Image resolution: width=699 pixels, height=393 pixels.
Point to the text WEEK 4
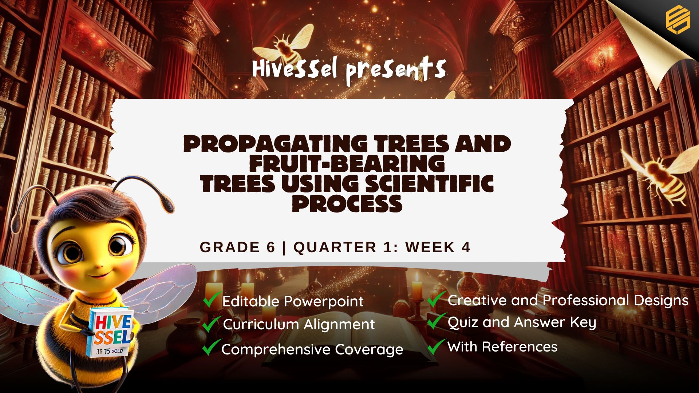coord(438,247)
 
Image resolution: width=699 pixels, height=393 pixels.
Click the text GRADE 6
coord(237,247)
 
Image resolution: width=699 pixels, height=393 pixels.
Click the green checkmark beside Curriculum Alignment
coord(211,323)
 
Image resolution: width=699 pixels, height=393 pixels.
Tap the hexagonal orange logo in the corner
coord(678,20)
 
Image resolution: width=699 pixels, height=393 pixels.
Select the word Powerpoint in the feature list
coord(324,302)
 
